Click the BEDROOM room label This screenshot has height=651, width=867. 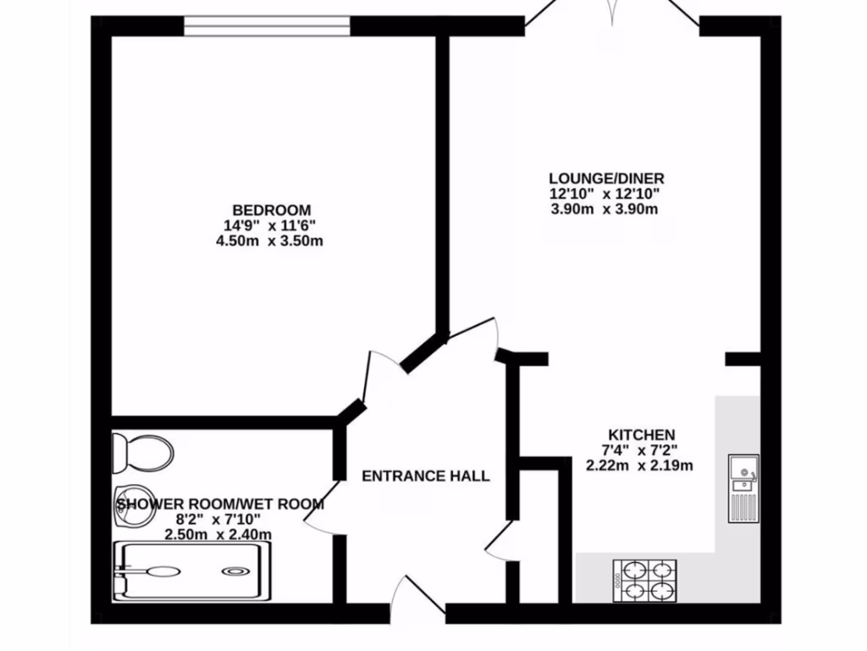tap(271, 210)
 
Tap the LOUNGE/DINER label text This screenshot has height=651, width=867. tap(606, 179)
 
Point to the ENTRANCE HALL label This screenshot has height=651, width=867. tap(425, 476)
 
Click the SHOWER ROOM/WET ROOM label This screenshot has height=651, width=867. tap(219, 504)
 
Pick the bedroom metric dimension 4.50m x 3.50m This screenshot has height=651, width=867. tap(271, 241)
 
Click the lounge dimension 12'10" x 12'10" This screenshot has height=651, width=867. tap(605, 194)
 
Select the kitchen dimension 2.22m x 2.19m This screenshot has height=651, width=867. tap(639, 465)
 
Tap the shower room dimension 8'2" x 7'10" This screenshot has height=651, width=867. tap(219, 520)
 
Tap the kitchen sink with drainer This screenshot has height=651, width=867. tap(743, 487)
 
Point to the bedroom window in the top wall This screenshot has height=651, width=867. tap(267, 26)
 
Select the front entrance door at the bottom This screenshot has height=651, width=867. tap(423, 597)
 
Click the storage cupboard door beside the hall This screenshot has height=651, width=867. tap(499, 540)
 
